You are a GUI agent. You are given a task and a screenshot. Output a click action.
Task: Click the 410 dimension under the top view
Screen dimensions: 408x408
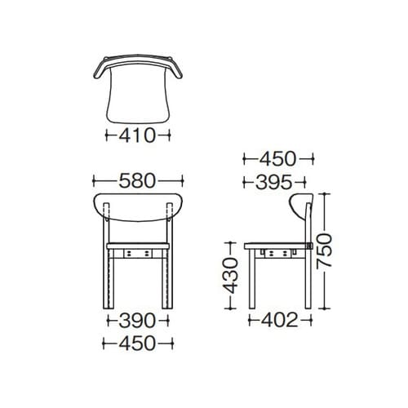tap(137, 135)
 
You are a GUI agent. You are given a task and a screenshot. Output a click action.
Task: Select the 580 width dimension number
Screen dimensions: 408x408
tap(137, 181)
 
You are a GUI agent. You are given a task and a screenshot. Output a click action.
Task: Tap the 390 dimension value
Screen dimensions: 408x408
tap(137, 321)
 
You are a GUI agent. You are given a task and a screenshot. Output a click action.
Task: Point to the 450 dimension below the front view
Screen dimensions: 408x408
tap(137, 343)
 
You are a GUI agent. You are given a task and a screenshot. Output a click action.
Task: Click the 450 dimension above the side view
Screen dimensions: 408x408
tap(277, 158)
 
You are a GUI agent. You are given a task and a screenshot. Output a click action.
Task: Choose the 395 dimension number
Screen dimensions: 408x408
tap(274, 182)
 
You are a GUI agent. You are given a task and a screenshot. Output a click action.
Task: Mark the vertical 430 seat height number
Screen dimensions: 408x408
tap(230, 276)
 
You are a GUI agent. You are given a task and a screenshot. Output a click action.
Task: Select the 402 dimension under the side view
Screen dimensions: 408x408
tap(280, 320)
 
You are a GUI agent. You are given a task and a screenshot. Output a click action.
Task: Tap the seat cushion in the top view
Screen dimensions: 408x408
tap(138, 94)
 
